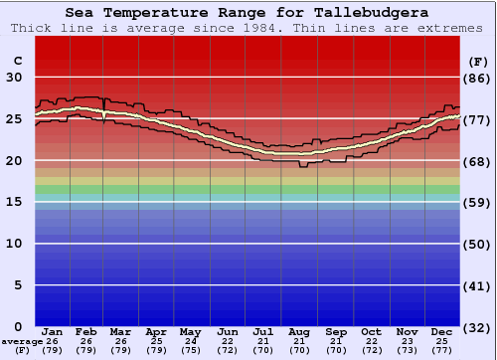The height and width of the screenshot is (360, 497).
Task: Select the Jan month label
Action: (54, 331)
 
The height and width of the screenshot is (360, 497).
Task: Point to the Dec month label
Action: (443, 331)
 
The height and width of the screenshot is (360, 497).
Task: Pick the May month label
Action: (190, 331)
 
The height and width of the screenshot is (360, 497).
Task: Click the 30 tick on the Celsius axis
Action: (15, 78)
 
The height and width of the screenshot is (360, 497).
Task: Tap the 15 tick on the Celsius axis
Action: (15, 202)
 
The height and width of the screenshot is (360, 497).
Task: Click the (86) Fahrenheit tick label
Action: (478, 78)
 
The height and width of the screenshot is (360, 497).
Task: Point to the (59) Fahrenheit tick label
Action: (478, 202)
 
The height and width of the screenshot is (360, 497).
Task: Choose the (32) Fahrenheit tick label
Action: (478, 327)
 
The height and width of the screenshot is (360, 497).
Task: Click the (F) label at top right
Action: (476, 61)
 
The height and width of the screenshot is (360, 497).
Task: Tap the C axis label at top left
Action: (16, 61)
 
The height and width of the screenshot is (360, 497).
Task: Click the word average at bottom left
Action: (22, 341)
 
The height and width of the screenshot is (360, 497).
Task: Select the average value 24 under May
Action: (190, 341)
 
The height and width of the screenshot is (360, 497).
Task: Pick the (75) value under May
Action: (190, 350)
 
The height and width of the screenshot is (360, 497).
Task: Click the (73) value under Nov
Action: (408, 350)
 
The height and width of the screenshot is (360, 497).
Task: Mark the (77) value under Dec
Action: (443, 350)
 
